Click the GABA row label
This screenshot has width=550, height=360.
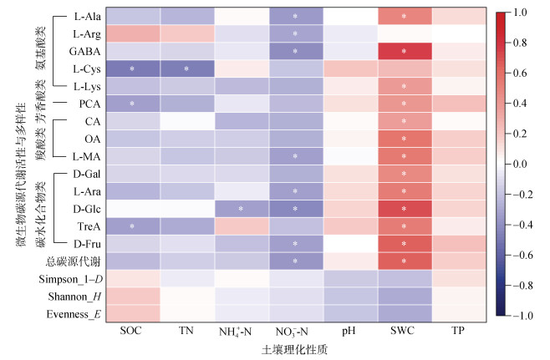coord(84,52)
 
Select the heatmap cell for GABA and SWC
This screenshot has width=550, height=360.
coord(405,51)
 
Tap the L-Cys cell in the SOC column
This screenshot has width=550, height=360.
coord(133,68)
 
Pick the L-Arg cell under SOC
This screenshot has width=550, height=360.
coord(133,33)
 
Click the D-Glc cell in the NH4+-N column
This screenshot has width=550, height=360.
coord(242,209)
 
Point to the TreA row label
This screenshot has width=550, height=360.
coord(89,227)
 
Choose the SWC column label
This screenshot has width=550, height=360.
coord(402,330)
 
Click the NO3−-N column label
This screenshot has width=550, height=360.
coord(292,332)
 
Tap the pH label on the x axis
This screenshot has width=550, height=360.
coord(349,331)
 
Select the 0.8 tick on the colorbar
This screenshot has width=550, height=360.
coord(520,43)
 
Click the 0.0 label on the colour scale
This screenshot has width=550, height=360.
coord(520,164)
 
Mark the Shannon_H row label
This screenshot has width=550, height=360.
coord(74,297)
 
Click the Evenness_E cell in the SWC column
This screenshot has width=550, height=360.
coord(405,314)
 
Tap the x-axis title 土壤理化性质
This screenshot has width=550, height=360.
coord(294,350)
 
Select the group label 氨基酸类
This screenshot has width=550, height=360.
coord(41,48)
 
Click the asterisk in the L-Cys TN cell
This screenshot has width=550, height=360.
coord(186,68)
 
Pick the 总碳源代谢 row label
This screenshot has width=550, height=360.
coord(73,261)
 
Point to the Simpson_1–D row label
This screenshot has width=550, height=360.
coord(70,279)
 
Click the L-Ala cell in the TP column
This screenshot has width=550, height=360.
coord(459,16)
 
